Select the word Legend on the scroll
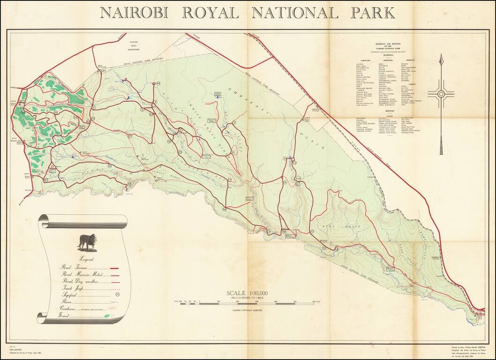(x=86, y=259)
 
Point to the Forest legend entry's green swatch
(x=108, y=316)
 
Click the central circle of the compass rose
(x=441, y=94)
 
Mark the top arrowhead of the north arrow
(x=441, y=59)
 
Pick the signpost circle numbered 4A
(x=158, y=83)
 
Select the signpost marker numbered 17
(x=312, y=232)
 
